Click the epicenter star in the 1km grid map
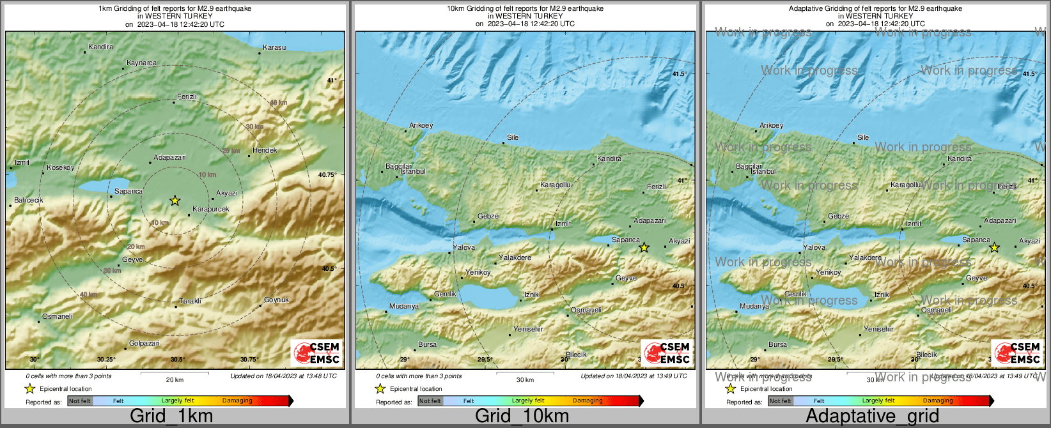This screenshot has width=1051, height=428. click(175, 201)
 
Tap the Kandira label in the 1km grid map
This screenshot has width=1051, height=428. click(100, 47)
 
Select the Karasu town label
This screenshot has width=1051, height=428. click(274, 47)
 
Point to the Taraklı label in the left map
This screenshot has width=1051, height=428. click(190, 301)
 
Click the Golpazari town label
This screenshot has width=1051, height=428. click(144, 343)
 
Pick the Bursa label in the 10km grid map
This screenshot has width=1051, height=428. click(427, 344)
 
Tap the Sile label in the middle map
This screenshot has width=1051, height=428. click(513, 137)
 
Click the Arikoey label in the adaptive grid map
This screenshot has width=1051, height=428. click(771, 125)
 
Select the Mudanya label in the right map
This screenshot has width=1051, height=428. click(754, 306)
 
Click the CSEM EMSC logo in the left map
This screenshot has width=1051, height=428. click(316, 353)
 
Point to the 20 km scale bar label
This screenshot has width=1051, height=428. click(175, 379)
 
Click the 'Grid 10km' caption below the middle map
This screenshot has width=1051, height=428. click(522, 417)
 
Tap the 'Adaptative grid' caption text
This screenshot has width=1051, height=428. click(872, 417)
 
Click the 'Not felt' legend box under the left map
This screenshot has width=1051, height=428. click(80, 401)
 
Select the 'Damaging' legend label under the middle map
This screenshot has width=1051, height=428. click(588, 401)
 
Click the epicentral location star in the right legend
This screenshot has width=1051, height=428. click(730, 388)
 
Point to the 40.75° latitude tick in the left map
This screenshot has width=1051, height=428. click(327, 174)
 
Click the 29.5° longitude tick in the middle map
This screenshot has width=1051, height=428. click(485, 360)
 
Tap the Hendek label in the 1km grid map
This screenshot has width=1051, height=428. click(265, 150)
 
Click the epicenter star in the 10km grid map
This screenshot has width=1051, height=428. click(644, 247)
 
